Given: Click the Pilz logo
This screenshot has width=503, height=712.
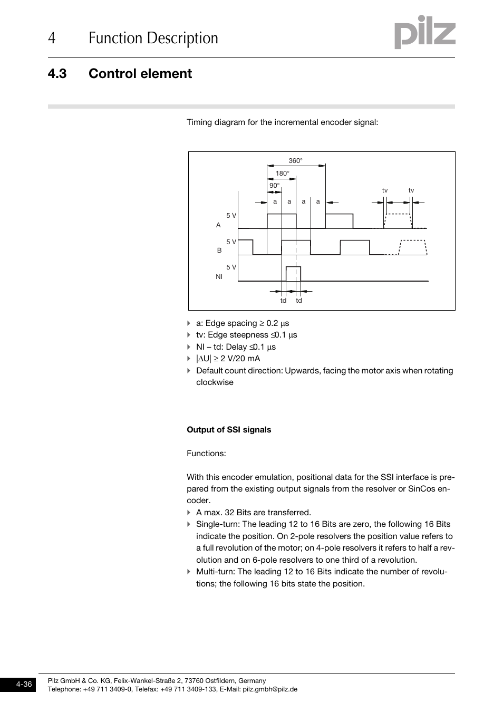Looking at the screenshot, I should click(424, 33).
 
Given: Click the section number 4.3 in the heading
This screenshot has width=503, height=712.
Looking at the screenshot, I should click(57, 74).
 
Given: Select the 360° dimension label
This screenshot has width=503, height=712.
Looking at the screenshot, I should click(295, 161).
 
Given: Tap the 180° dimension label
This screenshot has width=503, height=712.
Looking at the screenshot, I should click(282, 174).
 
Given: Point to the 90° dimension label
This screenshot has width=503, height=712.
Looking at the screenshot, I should click(274, 186).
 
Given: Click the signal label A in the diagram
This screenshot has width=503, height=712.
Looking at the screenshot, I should click(218, 225).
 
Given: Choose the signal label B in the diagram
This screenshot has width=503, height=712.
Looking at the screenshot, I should click(219, 251).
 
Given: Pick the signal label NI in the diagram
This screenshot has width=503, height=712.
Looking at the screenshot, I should click(219, 276).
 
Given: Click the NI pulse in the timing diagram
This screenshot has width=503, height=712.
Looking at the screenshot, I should click(293, 274).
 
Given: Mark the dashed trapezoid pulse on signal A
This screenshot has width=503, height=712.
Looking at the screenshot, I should click(398, 221).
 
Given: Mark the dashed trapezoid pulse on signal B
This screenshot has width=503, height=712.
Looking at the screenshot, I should click(413, 247).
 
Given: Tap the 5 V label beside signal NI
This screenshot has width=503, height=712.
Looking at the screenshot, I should click(231, 267).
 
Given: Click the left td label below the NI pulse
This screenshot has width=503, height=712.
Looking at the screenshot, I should click(283, 301).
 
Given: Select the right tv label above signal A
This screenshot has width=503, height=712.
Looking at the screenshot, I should click(411, 190).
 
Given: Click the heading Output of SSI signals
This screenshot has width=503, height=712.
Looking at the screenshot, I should click(229, 430).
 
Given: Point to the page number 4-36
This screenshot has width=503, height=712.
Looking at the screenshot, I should click(24, 684).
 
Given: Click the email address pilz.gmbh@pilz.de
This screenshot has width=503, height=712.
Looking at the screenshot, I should click(270, 689).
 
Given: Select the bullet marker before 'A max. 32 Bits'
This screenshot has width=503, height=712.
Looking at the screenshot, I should click(189, 513).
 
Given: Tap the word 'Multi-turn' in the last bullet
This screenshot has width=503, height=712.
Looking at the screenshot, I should click(215, 572).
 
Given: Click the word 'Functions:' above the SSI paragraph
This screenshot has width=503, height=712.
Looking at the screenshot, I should click(206, 454).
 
